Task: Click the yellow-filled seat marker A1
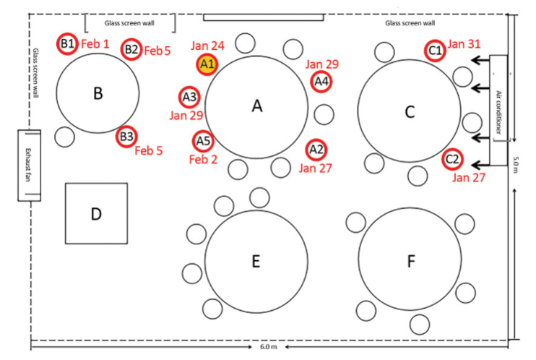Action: pyautogui.click(x=207, y=64)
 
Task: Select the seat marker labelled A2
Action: pyautogui.click(x=316, y=150)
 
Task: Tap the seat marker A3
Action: pyautogui.click(x=189, y=95)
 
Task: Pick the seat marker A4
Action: pyautogui.click(x=321, y=82)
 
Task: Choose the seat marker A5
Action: pyautogui.click(x=203, y=140)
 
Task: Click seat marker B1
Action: pyautogui.click(x=67, y=44)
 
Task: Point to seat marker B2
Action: pyautogui.click(x=131, y=49)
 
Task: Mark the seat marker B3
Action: pyautogui.click(x=127, y=135)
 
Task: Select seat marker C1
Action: pyautogui.click(x=434, y=51)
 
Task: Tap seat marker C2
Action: pyautogui.click(x=452, y=158)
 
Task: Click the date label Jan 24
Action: pyautogui.click(x=208, y=46)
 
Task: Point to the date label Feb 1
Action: pyautogui.click(x=95, y=44)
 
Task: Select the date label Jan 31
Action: pyautogui.click(x=464, y=44)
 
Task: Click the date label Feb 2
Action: pyautogui.click(x=203, y=158)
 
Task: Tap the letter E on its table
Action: pyautogui.click(x=255, y=262)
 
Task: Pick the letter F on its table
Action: pyautogui.click(x=411, y=262)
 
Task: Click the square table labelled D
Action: pyautogui.click(x=96, y=214)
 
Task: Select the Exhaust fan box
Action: pyautogui.click(x=30, y=166)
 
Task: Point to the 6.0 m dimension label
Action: pyautogui.click(x=267, y=348)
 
